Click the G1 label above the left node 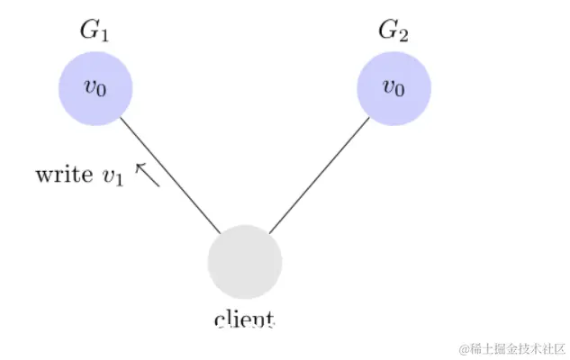point(95,31)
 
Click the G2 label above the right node point(394,31)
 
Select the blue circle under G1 point(95,88)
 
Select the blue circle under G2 point(394,88)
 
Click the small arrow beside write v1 point(147,175)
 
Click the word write point(63,175)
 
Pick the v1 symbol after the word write point(111,176)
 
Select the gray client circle point(245,262)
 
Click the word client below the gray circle point(245,319)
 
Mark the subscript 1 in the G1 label point(105,36)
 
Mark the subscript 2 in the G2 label point(404,36)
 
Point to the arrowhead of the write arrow point(139,166)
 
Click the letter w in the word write point(42,175)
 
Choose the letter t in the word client point(270,319)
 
